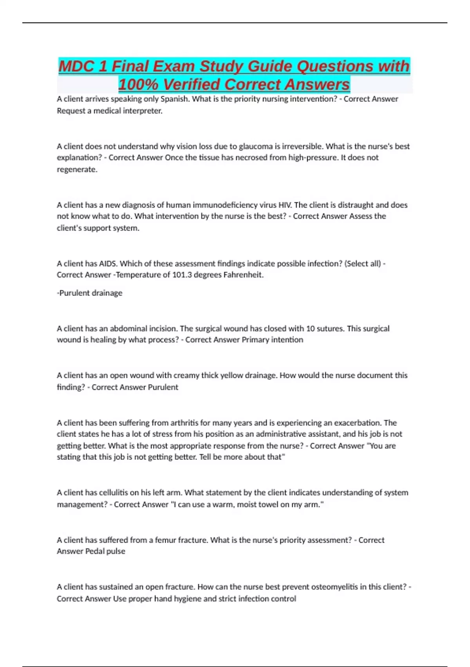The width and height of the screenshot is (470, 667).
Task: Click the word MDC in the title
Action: tap(77, 66)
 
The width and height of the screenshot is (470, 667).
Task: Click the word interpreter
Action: tap(143, 111)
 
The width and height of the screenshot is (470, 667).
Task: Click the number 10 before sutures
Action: tap(311, 328)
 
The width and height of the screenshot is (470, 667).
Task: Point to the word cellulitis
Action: tap(113, 493)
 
